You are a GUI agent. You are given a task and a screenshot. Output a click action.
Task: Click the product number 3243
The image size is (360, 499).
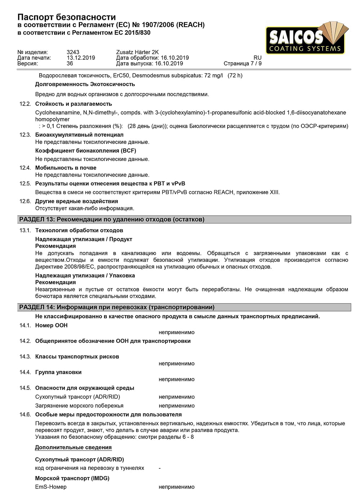[73, 52]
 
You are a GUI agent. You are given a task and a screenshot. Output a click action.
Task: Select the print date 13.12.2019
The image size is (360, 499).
[81, 58]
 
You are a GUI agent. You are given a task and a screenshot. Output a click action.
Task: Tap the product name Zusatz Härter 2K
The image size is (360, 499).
[137, 52]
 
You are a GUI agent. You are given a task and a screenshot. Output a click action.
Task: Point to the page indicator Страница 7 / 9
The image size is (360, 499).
[242, 64]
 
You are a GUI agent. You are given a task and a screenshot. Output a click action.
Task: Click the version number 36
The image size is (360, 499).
[70, 64]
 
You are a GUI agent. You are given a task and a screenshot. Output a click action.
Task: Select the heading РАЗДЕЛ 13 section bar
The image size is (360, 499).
[184, 220]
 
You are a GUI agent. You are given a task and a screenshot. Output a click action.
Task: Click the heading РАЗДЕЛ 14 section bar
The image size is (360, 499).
[184, 307]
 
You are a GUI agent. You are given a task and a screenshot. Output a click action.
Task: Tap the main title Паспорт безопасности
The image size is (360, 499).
[67, 17]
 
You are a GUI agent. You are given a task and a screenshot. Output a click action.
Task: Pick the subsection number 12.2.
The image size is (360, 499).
[25, 104]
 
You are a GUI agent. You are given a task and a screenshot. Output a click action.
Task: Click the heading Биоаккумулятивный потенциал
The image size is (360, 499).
[79, 135]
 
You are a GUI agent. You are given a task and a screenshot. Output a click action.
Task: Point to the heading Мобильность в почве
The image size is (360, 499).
[66, 168]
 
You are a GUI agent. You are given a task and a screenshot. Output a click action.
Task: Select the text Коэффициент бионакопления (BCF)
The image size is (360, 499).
[85, 151]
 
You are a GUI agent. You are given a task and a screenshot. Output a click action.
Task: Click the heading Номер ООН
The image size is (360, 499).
[51, 325]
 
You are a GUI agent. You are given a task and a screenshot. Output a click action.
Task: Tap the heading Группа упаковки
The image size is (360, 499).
[58, 372]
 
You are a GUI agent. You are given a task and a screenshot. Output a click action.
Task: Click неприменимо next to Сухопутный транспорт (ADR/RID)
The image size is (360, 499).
[176, 397]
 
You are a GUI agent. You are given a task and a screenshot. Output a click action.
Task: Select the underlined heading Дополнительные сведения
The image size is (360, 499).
[73, 448]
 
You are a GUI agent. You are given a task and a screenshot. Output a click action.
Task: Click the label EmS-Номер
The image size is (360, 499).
[51, 487]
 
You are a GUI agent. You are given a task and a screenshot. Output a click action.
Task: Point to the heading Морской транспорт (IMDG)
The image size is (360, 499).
[72, 478]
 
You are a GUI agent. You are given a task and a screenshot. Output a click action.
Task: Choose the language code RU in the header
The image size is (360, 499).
[257, 58]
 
